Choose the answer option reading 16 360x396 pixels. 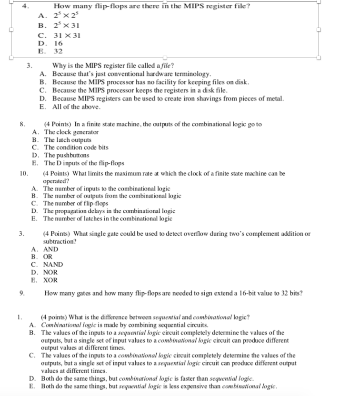point(57,43)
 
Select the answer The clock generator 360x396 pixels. point(71,132)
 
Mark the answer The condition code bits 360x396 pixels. point(76,148)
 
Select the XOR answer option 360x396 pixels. point(51,280)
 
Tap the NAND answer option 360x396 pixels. point(53,265)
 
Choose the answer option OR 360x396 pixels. point(48,257)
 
